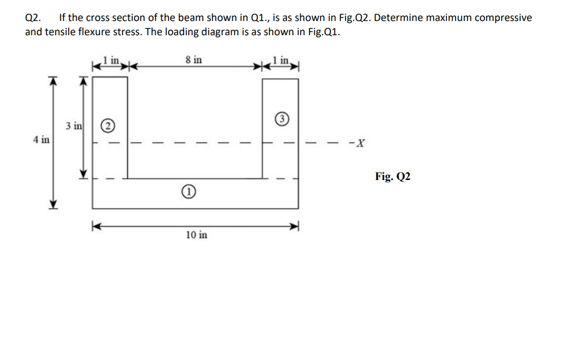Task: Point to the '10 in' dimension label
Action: [197, 235]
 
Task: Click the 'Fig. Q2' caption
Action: [392, 177]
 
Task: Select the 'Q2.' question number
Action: [34, 18]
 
